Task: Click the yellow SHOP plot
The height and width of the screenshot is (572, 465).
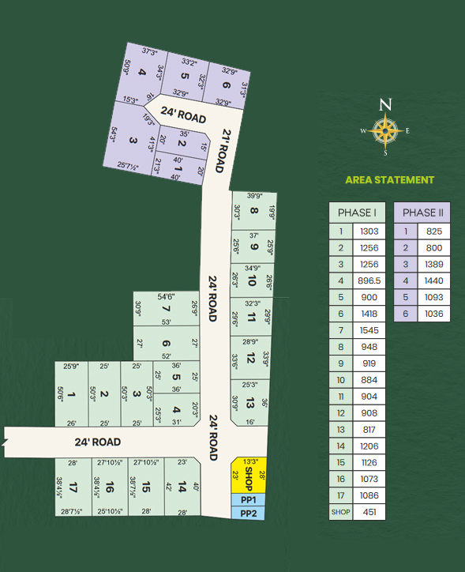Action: pos(247,476)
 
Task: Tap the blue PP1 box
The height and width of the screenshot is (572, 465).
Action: pos(249,500)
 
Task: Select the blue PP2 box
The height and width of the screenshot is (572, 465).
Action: pos(249,513)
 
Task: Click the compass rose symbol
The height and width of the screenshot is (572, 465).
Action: pos(385,132)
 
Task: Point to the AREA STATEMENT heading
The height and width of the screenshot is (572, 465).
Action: pos(390,180)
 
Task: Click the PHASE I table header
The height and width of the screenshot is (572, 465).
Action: pos(357,213)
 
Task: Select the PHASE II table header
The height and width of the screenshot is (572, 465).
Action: pos(422,213)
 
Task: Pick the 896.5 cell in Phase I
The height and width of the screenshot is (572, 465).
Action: pos(369,280)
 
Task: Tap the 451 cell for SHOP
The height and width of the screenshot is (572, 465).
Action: pos(369,512)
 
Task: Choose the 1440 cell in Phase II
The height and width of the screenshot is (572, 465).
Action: pos(433,280)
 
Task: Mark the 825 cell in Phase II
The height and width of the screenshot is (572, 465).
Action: pos(433,231)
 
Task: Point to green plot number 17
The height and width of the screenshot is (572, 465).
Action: pos(73,486)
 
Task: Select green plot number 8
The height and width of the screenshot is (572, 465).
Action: pos(253,211)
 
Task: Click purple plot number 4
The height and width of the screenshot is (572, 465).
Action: pos(142,73)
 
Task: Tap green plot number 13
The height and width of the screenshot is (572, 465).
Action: pos(250,404)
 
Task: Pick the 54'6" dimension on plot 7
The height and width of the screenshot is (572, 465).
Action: pos(167,295)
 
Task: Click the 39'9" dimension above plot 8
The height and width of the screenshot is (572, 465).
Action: pos(253,196)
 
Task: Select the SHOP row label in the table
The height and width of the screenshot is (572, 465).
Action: pos(340,512)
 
